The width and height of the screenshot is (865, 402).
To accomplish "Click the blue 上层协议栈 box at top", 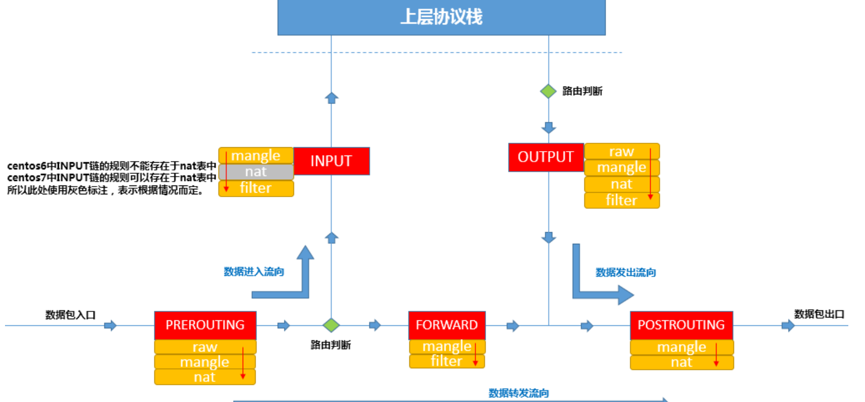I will click(441, 17).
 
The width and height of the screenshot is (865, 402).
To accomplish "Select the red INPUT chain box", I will click(331, 161).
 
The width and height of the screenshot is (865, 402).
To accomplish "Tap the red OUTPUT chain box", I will click(546, 157).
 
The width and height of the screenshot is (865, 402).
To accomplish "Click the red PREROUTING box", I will click(205, 325).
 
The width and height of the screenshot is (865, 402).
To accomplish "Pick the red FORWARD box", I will click(447, 325).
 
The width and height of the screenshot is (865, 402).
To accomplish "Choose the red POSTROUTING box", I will click(681, 325).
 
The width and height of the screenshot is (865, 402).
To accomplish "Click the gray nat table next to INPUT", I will click(256, 172).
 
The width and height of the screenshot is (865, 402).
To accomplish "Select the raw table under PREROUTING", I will click(205, 347).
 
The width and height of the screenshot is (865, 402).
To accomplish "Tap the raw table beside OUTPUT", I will click(621, 152).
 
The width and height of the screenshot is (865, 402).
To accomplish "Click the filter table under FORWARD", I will click(447, 361).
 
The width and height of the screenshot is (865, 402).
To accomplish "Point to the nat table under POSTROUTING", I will click(681, 363).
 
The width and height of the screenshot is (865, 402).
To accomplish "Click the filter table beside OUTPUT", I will click(621, 200).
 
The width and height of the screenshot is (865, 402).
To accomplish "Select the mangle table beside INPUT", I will click(256, 155).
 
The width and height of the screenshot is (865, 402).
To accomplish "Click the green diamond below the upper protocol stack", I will click(548, 91).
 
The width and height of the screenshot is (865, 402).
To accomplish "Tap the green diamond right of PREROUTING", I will click(331, 325).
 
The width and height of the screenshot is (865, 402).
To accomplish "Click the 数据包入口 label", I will click(71, 315).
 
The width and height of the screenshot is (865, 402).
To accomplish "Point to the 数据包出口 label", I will click(819, 314).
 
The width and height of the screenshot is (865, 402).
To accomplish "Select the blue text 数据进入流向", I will click(254, 272).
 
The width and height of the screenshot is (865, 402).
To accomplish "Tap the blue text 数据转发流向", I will click(518, 393).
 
